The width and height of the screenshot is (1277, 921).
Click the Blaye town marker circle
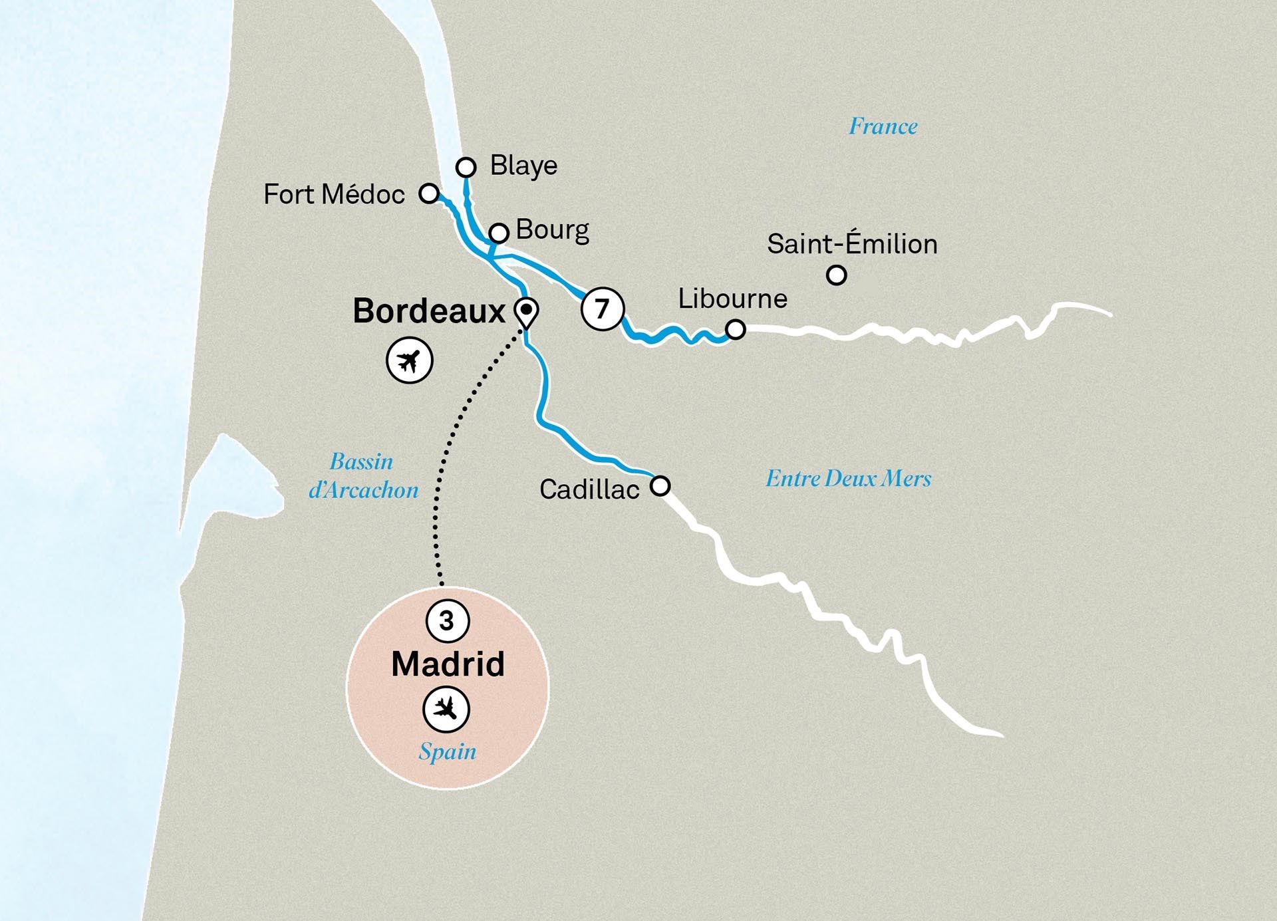(466, 167)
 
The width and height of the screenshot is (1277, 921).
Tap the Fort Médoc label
(334, 195)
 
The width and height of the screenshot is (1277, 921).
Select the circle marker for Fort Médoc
(430, 194)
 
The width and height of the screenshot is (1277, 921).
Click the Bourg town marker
(499, 233)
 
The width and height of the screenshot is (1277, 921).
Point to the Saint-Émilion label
(852, 244)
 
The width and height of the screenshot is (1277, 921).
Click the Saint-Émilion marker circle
(836, 275)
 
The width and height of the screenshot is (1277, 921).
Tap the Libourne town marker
(735, 329)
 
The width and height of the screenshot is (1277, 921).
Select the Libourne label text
(732, 299)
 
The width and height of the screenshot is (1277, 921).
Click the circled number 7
(603, 309)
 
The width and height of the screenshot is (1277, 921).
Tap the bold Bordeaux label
(429, 311)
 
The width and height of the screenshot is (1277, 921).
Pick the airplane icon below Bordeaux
(410, 361)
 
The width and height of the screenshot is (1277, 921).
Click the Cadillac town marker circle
(660, 485)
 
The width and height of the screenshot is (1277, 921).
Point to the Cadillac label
(589, 490)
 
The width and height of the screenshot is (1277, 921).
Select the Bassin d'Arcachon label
(363, 476)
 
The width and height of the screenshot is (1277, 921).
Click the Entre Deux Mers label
(848, 479)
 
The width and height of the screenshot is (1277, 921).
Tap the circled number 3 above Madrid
(447, 621)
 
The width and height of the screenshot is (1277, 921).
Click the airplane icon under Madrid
(446, 709)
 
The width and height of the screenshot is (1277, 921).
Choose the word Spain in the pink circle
(447, 752)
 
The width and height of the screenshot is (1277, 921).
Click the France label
(883, 126)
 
